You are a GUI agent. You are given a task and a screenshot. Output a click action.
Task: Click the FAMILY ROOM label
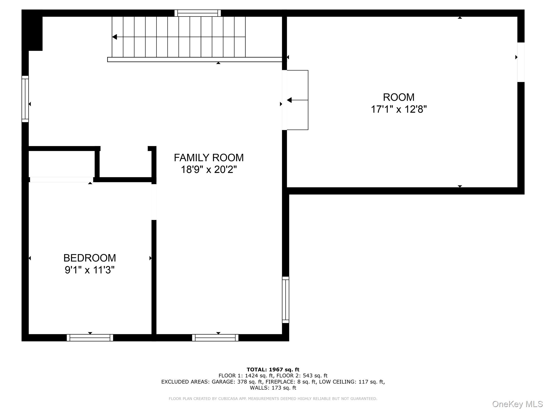coord(208,158)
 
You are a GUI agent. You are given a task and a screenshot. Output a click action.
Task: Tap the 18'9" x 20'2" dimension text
coord(208,169)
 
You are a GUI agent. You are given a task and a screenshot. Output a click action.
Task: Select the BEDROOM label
coord(90,258)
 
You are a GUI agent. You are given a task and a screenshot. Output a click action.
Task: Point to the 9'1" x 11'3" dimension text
coord(90,270)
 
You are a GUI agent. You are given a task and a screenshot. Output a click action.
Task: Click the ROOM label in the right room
coord(399,97)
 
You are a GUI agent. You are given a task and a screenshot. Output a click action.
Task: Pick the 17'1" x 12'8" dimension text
coord(399,109)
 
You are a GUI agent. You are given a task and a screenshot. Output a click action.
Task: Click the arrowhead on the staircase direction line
coord(115,37)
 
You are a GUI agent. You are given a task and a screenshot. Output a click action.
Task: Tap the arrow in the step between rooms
coord(290,100)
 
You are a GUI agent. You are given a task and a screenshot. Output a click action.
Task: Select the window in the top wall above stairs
coord(198,13)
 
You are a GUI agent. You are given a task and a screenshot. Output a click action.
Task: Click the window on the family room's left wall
coord(25,99)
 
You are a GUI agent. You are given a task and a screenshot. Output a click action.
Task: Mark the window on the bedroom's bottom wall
coord(90,338)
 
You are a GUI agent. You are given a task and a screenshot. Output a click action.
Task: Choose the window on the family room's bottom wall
coord(215,338)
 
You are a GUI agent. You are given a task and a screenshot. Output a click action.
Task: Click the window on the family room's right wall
coord(286,300)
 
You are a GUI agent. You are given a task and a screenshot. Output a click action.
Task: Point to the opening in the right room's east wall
coord(521,62)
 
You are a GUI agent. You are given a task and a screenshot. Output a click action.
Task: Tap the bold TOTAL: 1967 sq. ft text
coord(273,370)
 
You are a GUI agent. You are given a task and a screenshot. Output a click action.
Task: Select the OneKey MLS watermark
coord(517,404)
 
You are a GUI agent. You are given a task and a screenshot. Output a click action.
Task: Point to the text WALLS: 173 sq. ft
coord(273,388)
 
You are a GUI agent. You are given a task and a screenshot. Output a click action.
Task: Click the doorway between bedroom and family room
coord(154,202)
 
